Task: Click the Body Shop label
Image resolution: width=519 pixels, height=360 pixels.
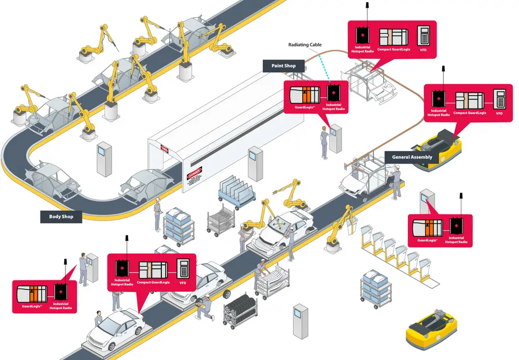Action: [x=61, y=216]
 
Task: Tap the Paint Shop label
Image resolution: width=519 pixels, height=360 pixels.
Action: [x=283, y=66]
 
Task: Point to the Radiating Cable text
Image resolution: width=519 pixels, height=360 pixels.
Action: [x=305, y=45]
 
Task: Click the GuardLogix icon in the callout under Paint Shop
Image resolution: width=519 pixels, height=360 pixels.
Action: [x=305, y=95]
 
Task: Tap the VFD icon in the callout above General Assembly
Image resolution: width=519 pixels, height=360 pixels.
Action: [x=500, y=97]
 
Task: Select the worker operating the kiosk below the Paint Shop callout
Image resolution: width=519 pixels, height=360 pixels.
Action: [x=324, y=144]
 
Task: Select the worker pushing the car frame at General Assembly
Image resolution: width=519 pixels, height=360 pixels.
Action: [x=397, y=182]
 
